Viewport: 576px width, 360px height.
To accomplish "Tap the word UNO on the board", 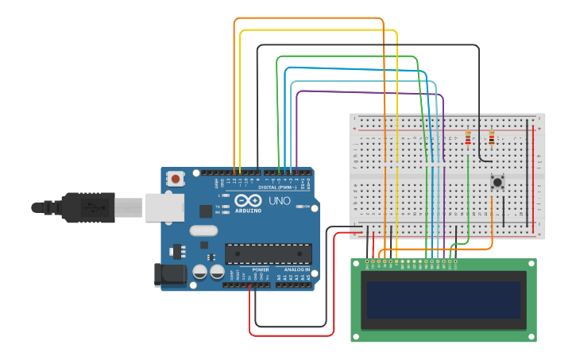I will click(x=280, y=201).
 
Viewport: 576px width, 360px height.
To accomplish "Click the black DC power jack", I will click(x=172, y=275).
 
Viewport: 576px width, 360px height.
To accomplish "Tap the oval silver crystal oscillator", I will click(x=203, y=231).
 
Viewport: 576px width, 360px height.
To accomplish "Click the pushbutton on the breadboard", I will click(x=498, y=183).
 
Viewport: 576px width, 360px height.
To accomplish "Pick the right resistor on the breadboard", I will click(x=492, y=140).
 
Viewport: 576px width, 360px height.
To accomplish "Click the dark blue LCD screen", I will click(x=443, y=300).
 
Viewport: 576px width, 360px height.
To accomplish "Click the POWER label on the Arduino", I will click(x=261, y=270).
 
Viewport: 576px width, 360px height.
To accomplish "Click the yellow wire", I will click(x=318, y=30).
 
